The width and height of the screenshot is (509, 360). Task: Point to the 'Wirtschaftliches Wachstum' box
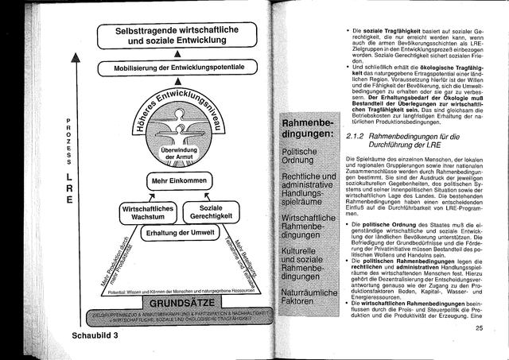coord(146,211)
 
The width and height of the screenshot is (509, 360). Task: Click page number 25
coord(479,328)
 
